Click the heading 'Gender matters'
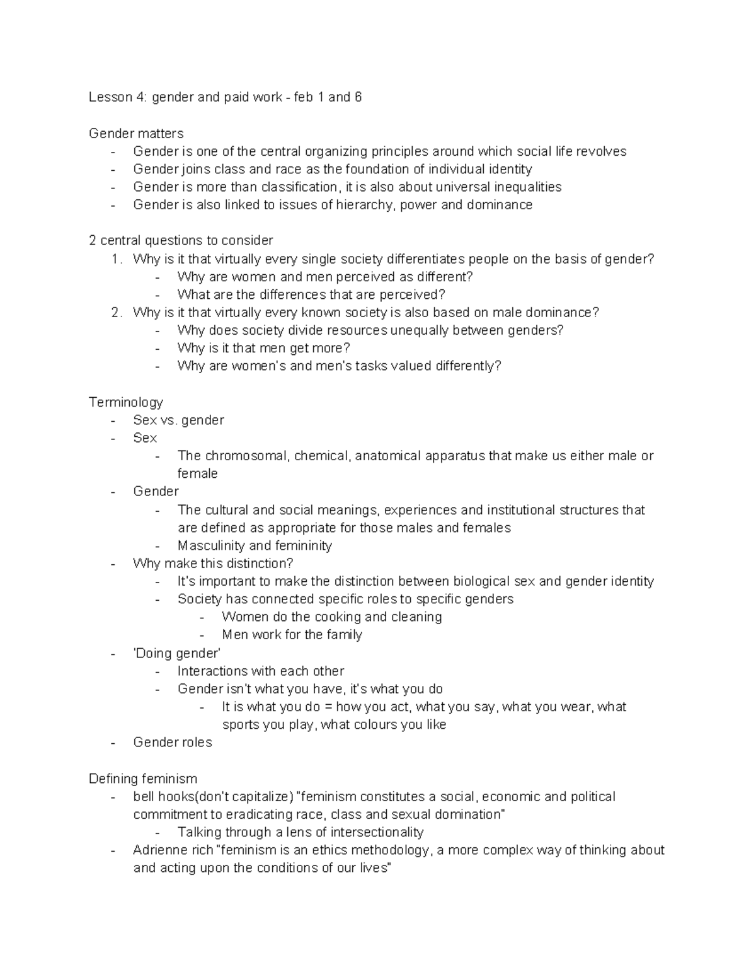click(x=136, y=134)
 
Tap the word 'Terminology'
click(x=126, y=402)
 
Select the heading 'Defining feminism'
click(x=143, y=779)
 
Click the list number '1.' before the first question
click(x=116, y=259)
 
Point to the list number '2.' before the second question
click(x=116, y=313)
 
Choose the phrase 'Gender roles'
click(x=173, y=743)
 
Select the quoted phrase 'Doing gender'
click(x=176, y=653)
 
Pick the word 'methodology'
click(x=390, y=850)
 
